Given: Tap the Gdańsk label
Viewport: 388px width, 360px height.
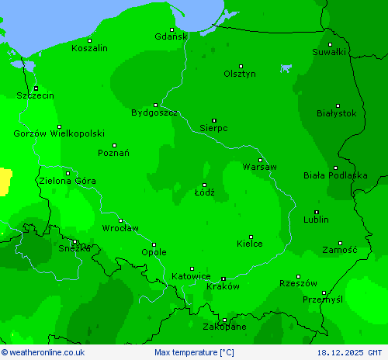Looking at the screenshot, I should pyautogui.click(x=171, y=36).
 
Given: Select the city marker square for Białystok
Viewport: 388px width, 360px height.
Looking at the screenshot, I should pyautogui.click(x=338, y=106).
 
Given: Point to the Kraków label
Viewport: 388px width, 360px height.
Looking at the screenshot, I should pyautogui.click(x=223, y=286).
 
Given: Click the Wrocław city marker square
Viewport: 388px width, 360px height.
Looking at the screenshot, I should pyautogui.click(x=120, y=220).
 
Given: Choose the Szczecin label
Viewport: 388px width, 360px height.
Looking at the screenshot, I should pyautogui.click(x=36, y=95).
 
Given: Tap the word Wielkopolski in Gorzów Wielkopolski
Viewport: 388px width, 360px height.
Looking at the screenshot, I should pyautogui.click(x=78, y=133).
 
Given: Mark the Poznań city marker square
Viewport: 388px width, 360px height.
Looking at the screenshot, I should pyautogui.click(x=114, y=145).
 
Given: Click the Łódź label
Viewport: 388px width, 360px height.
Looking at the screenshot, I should pyautogui.click(x=205, y=192).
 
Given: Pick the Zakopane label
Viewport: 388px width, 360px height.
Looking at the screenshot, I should pyautogui.click(x=225, y=327).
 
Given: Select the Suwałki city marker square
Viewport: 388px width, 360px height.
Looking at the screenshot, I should pyautogui.click(x=330, y=45).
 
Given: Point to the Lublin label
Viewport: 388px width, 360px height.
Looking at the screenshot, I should pyautogui.click(x=316, y=220).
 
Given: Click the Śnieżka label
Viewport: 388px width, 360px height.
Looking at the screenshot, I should pyautogui.click(x=74, y=248).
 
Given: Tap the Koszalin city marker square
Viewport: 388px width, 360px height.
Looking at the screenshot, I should pyautogui.click(x=89, y=40).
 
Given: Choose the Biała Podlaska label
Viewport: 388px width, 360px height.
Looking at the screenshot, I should pyautogui.click(x=335, y=175).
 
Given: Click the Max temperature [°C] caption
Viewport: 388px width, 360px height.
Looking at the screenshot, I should pyautogui.click(x=194, y=353).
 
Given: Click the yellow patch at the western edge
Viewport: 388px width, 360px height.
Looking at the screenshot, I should pyautogui.click(x=5, y=180).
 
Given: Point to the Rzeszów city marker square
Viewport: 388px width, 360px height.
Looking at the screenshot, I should pyautogui.click(x=298, y=276).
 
